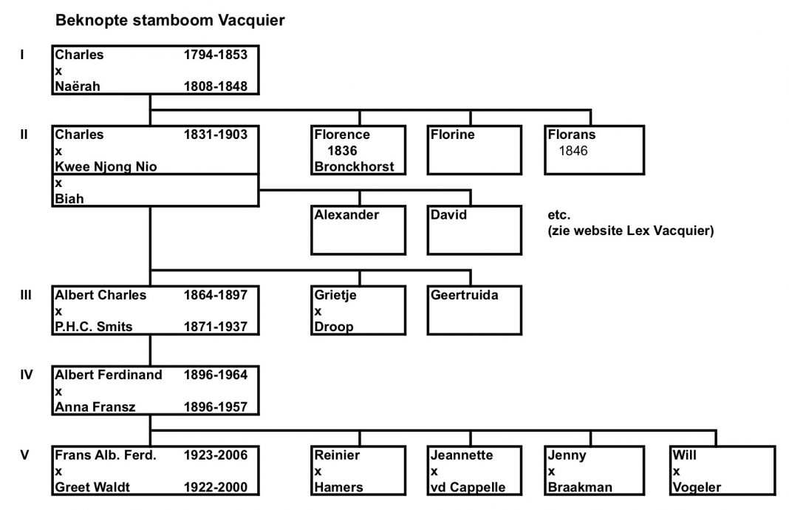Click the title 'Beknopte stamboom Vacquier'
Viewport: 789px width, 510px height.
click(x=170, y=21)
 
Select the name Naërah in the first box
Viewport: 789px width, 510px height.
click(x=78, y=86)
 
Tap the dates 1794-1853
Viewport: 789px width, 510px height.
click(x=215, y=55)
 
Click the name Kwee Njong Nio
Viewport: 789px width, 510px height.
click(x=106, y=167)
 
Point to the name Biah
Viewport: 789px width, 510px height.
click(x=67, y=199)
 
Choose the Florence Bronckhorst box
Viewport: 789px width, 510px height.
click(x=359, y=151)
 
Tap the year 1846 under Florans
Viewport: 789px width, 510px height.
click(x=573, y=152)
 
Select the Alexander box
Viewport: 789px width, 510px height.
click(x=359, y=230)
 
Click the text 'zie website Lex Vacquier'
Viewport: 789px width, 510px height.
click(x=630, y=231)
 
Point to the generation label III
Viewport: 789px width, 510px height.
click(x=24, y=295)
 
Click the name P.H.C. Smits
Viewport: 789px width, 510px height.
click(x=94, y=327)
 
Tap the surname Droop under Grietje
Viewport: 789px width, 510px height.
click(x=334, y=327)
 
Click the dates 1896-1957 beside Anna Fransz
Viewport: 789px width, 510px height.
click(x=215, y=407)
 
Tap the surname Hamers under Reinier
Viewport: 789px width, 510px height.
click(x=338, y=487)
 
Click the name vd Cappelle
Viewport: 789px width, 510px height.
click(x=467, y=487)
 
